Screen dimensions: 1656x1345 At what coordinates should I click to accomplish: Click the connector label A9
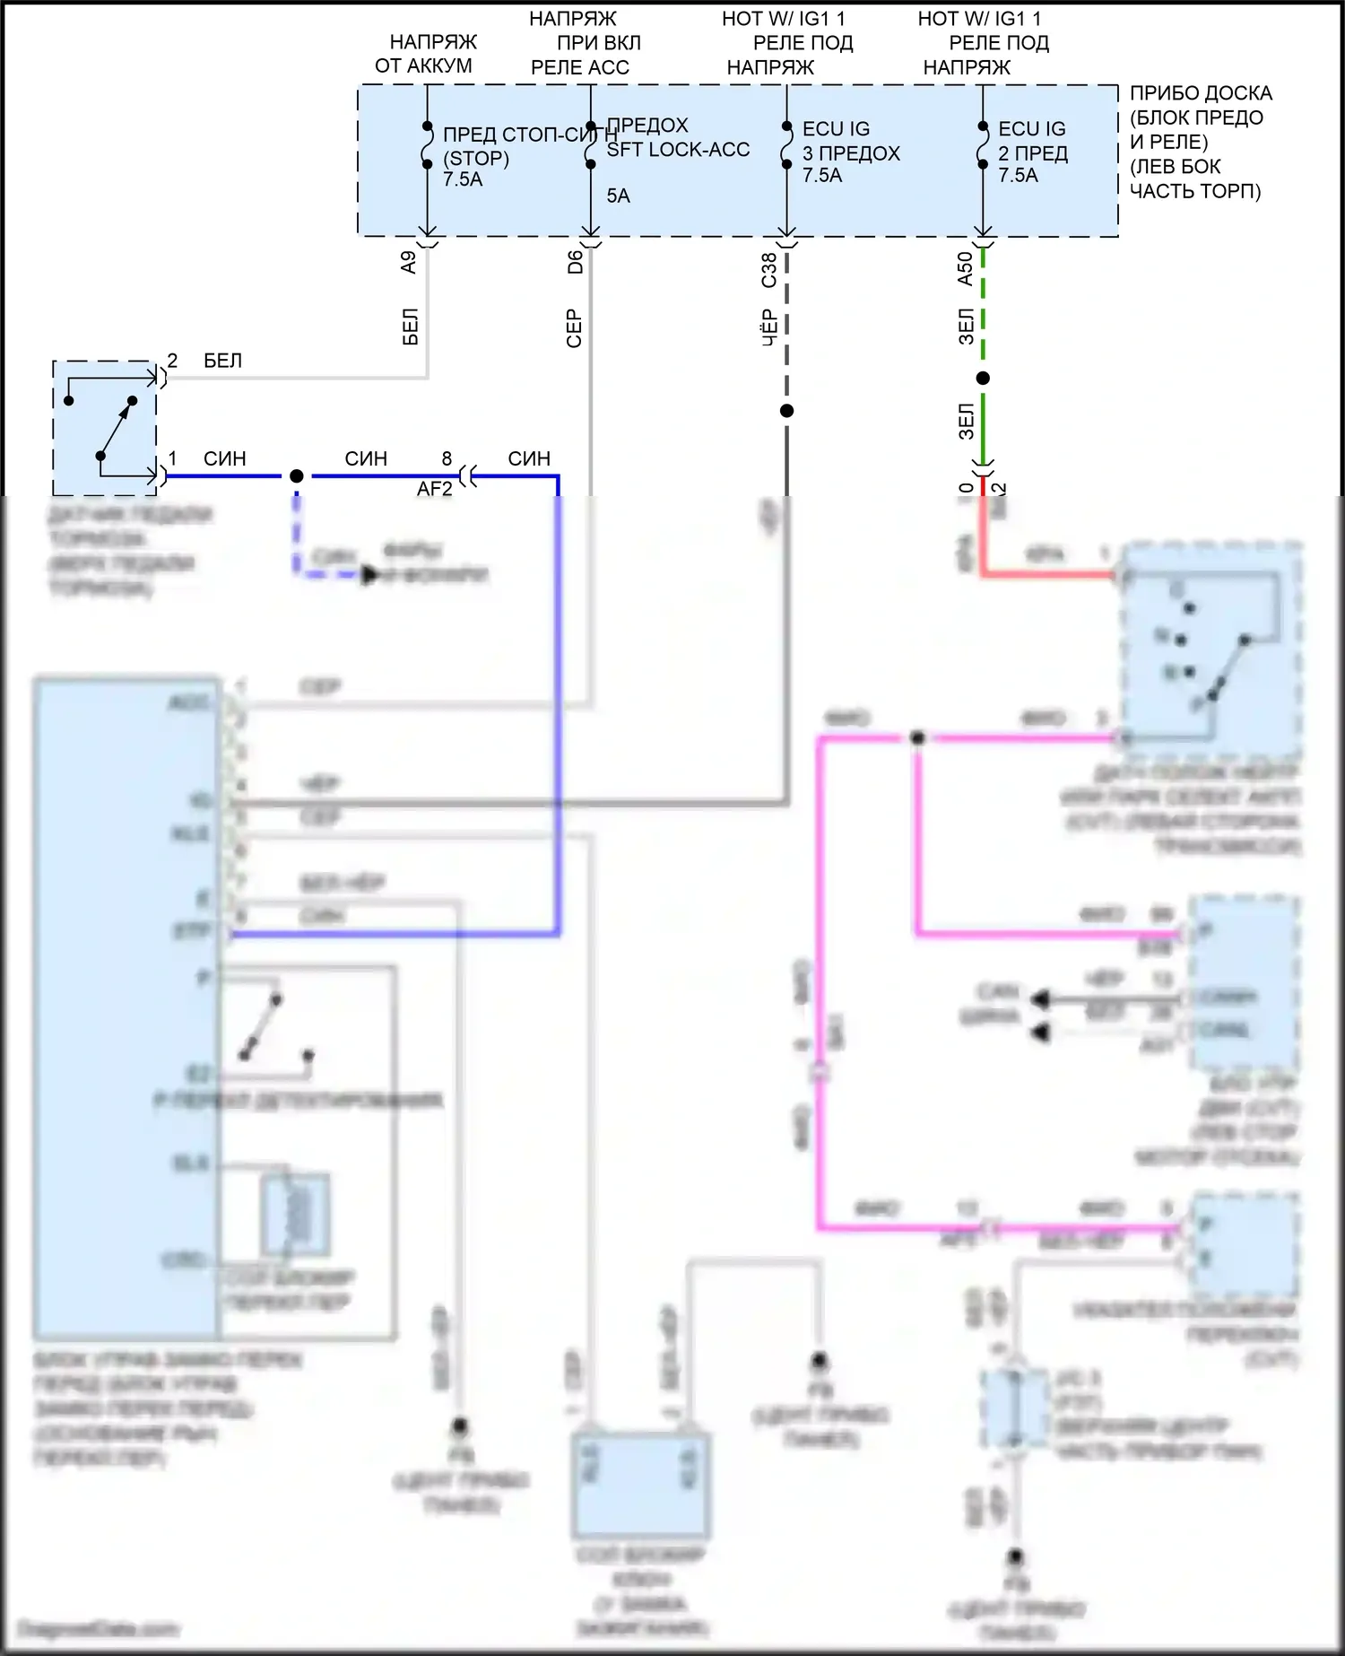[409, 262]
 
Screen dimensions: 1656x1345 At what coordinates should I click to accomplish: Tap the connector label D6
[575, 262]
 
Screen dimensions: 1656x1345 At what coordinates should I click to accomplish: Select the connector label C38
[768, 270]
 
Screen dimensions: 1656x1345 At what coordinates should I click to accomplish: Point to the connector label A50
[965, 268]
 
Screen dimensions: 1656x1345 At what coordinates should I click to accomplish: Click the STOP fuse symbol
[428, 145]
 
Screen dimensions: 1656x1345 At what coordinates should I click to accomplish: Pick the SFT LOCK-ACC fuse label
[677, 150]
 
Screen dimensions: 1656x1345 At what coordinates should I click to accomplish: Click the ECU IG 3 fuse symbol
[786, 145]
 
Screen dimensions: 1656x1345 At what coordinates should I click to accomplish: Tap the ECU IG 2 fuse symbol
[983, 145]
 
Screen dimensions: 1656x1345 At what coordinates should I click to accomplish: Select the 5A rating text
[618, 196]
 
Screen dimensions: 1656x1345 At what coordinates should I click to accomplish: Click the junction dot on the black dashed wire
[786, 411]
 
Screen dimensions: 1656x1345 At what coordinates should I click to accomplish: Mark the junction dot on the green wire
[983, 379]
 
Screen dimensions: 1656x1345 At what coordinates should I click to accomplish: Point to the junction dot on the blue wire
[297, 475]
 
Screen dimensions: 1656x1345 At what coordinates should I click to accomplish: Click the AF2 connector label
[435, 489]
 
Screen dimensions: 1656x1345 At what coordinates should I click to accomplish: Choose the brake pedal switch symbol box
[104, 428]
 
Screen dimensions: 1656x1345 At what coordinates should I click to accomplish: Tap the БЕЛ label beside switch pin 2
[222, 361]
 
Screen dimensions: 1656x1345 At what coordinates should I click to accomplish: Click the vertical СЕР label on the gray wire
[575, 328]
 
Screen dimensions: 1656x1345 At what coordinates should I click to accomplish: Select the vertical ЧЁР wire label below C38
[768, 328]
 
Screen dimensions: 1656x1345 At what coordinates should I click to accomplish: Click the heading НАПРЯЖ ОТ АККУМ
[425, 54]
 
